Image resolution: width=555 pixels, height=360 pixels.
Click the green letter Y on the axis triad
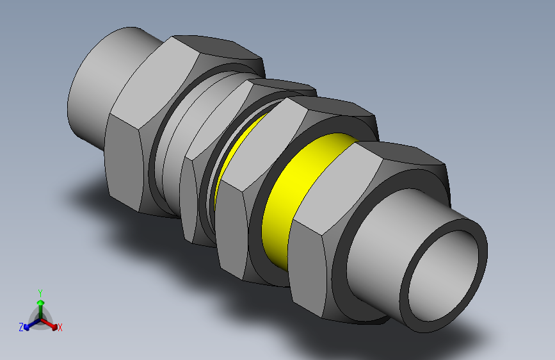[x=40, y=292]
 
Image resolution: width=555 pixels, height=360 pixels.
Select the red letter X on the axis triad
[x=60, y=327]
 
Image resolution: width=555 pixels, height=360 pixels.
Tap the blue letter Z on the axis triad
[x=21, y=327]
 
